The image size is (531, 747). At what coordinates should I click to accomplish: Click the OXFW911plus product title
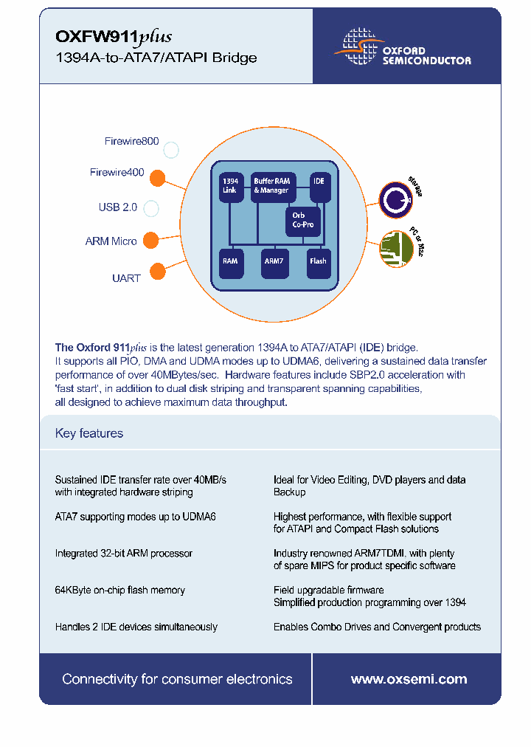click(114, 36)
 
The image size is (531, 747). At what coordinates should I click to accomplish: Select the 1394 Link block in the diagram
click(231, 185)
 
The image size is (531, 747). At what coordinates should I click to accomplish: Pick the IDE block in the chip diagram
click(319, 185)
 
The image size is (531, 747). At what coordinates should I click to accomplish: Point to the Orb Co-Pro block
click(303, 220)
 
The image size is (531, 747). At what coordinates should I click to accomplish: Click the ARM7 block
click(274, 261)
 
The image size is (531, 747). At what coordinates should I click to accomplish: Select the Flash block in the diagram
click(318, 261)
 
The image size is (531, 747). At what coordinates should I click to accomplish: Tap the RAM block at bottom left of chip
click(231, 261)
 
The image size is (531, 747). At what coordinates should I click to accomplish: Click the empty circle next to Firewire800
click(171, 151)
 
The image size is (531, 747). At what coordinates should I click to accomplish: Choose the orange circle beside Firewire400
click(157, 178)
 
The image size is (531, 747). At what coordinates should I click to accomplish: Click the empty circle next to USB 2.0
click(151, 208)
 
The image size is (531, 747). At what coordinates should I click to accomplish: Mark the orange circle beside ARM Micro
click(150, 240)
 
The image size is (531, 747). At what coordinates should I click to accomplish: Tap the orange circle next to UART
click(157, 272)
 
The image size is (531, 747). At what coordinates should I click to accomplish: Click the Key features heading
click(89, 433)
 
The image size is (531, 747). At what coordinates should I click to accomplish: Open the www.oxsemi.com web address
click(409, 679)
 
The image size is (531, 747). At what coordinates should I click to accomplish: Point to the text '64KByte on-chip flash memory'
click(120, 591)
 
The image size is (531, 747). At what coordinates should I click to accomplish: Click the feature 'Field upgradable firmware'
click(328, 591)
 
